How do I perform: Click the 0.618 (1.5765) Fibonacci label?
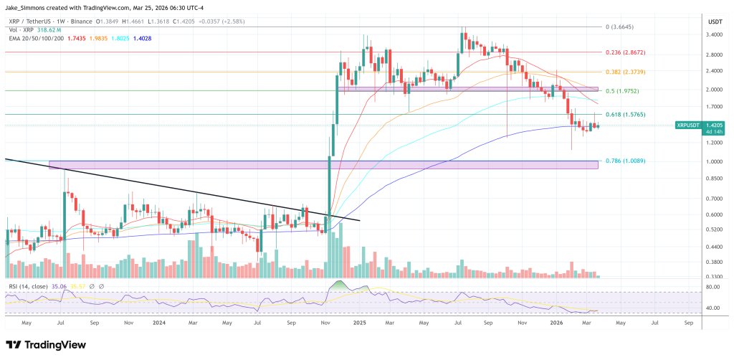point(625,114)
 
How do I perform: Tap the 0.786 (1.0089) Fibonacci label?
point(625,161)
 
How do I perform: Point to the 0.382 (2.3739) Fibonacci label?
point(625,72)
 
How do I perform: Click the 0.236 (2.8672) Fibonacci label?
point(625,52)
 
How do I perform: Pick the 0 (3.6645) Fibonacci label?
point(621,27)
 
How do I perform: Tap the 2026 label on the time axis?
point(556,323)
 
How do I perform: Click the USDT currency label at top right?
point(715,19)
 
